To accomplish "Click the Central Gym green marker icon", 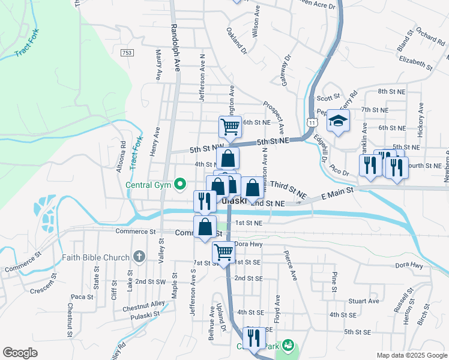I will tap(179, 184).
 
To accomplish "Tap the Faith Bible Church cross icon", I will tap(139, 257).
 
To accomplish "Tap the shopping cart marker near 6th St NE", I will tap(230, 127).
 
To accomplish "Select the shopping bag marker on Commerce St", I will tap(205, 227).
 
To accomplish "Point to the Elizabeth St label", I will tap(415, 62).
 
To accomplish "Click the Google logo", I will tap(20, 353).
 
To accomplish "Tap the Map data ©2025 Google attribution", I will tap(411, 355).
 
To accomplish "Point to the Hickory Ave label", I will tap(420, 119).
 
